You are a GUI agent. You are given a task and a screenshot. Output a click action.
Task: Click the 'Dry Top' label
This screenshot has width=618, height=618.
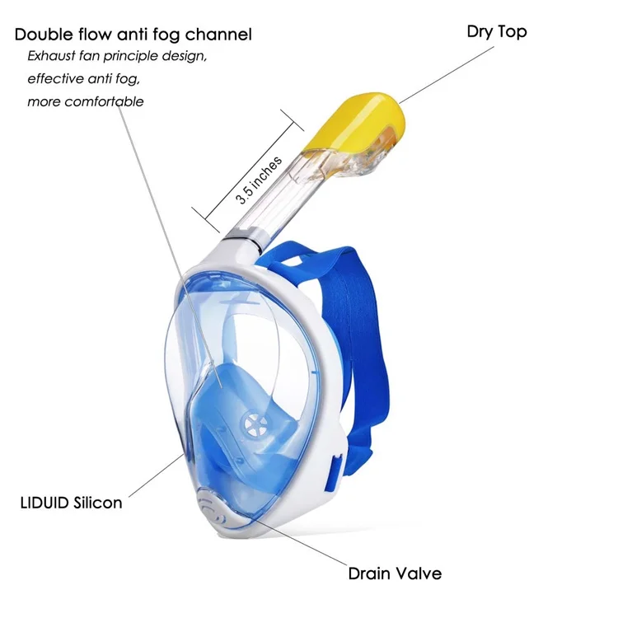click(496, 32)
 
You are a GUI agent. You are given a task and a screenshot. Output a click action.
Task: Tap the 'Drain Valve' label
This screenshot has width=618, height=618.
click(395, 573)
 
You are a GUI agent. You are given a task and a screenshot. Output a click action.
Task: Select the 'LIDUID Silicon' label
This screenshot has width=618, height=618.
click(71, 501)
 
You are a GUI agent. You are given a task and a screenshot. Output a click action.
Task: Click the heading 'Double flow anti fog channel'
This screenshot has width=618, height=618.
click(133, 35)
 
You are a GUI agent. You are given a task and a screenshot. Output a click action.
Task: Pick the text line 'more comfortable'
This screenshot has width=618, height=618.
click(86, 101)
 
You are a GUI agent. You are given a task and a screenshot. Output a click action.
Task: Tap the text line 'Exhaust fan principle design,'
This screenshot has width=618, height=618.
click(117, 56)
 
